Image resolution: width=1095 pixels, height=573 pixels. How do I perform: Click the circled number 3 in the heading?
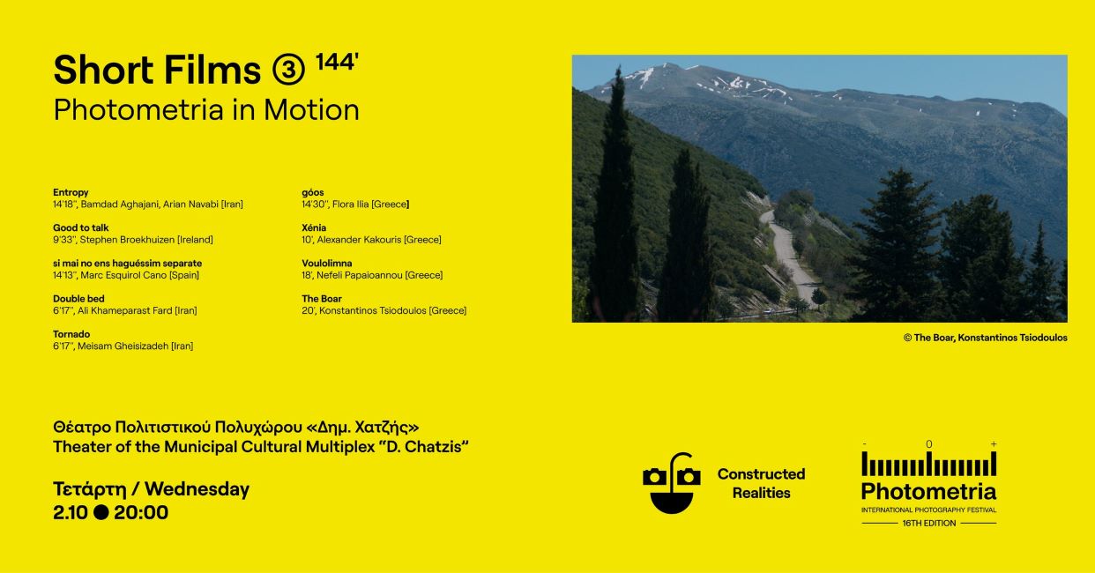pyautogui.click(x=288, y=70)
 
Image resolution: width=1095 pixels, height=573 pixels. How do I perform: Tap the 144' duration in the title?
pyautogui.click(x=338, y=62)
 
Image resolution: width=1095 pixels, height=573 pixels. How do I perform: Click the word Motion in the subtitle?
pyautogui.click(x=311, y=110)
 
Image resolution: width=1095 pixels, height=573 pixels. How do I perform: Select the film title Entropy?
pyautogui.click(x=71, y=193)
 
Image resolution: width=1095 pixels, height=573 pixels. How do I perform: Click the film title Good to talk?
pyautogui.click(x=80, y=227)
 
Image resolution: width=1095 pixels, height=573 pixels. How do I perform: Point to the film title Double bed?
pyautogui.click(x=78, y=299)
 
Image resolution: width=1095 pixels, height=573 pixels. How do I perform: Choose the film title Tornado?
pyautogui.click(x=71, y=334)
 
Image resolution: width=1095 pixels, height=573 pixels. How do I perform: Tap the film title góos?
pyautogui.click(x=313, y=193)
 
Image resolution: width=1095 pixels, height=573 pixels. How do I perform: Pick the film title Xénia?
pyautogui.click(x=314, y=227)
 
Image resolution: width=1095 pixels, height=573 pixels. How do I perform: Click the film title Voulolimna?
pyautogui.click(x=326, y=264)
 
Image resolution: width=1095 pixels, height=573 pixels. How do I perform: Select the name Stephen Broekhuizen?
pyautogui.click(x=127, y=240)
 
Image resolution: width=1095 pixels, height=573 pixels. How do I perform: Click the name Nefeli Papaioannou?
pyautogui.click(x=360, y=275)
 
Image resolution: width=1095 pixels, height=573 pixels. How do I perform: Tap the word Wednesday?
pyautogui.click(x=197, y=489)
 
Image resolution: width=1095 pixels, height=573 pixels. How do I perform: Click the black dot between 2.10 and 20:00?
pyautogui.click(x=101, y=512)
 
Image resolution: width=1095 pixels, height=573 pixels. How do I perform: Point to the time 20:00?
pyautogui.click(x=141, y=512)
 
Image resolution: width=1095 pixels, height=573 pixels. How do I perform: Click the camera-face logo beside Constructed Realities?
pyautogui.click(x=672, y=483)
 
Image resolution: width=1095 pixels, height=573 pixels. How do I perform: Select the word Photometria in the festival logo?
pyautogui.click(x=928, y=491)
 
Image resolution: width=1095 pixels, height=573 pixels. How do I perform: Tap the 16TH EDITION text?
pyautogui.click(x=928, y=523)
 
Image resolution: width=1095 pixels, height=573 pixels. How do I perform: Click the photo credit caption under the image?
pyautogui.click(x=985, y=338)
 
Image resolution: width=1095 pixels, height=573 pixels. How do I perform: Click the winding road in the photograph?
pyautogui.click(x=787, y=254)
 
